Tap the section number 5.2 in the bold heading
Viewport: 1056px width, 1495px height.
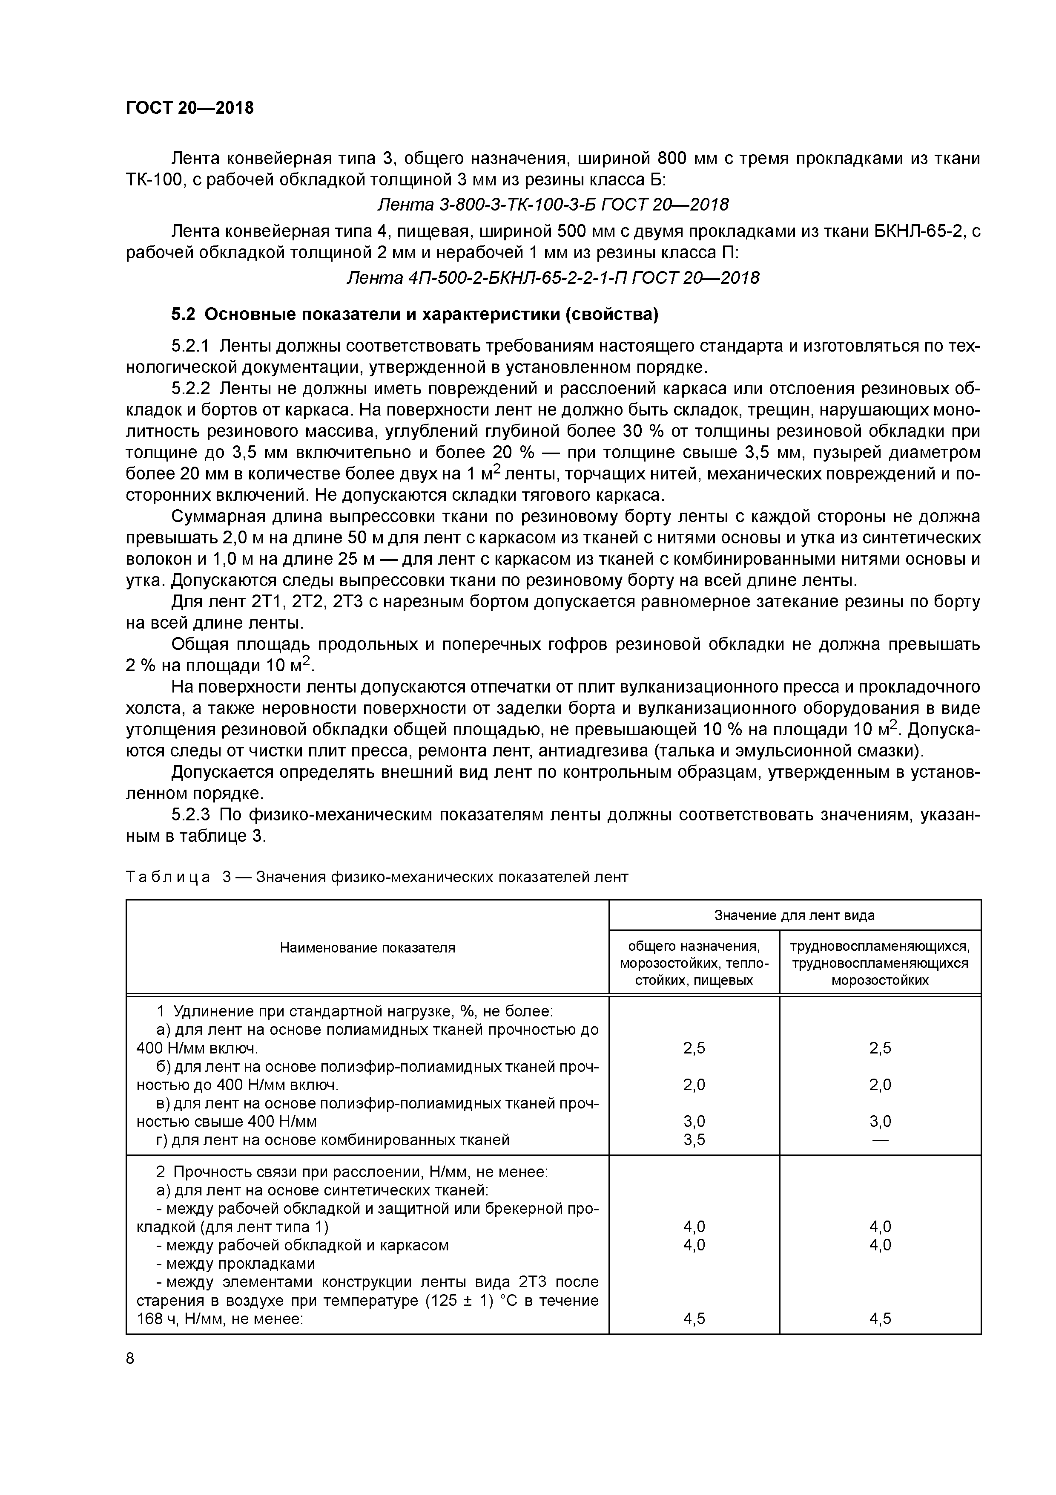[x=183, y=315]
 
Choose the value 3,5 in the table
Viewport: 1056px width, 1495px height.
[x=694, y=1140]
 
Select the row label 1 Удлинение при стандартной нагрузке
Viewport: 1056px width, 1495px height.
[x=355, y=1012]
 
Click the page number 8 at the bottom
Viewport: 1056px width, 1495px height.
[x=130, y=1358]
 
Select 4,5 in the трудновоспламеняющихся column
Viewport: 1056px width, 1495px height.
[x=880, y=1319]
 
